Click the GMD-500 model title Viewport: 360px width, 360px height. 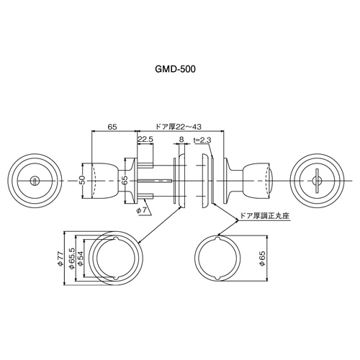point(175,69)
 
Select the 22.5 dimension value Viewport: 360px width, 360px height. point(145,140)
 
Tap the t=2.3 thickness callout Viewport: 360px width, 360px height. point(202,140)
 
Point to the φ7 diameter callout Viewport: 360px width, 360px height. point(141,210)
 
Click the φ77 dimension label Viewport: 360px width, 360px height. point(60,258)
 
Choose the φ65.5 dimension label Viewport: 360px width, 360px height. point(71,258)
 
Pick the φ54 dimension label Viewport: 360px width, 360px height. point(80,258)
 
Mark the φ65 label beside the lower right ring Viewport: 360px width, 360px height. point(262,258)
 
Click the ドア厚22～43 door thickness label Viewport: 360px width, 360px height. point(179,127)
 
